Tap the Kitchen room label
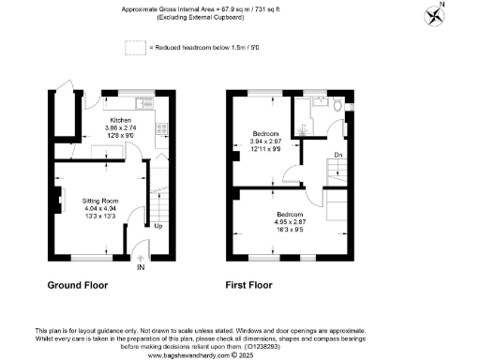click(120, 121)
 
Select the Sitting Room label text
click(98, 202)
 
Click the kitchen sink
click(146, 102)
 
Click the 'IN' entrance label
click(141, 268)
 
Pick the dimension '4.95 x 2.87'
click(288, 220)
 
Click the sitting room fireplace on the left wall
click(58, 201)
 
